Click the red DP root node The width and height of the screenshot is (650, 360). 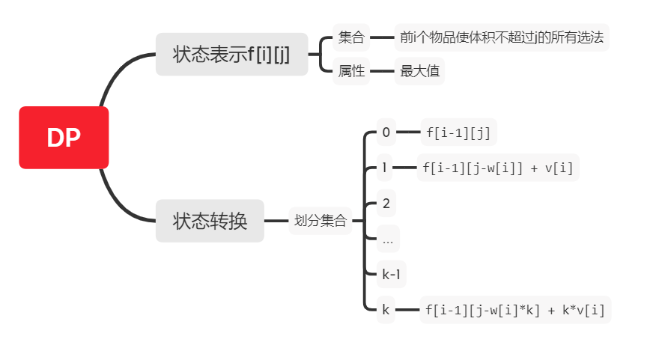64,138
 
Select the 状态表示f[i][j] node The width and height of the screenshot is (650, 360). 231,54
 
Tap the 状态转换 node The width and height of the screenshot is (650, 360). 210,221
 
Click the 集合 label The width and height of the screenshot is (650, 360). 351,37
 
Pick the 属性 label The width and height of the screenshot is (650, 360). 351,71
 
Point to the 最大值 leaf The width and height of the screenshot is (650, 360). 419,71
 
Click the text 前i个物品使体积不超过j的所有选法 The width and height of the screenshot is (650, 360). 502,37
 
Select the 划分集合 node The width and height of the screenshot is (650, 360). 321,221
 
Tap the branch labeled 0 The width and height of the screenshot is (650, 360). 386,132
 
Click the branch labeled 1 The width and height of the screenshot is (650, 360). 385,168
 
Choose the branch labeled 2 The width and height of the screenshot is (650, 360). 386,203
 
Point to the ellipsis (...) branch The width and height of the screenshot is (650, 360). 387,239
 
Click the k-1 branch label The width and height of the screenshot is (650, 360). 391,274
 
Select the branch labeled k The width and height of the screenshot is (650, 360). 386,309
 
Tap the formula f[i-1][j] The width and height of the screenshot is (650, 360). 458,132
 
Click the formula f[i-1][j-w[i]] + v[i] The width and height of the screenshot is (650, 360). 498,168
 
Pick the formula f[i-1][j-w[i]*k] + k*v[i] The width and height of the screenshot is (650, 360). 515,309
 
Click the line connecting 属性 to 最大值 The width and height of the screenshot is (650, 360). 383,71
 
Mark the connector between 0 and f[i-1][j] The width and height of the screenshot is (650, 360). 408,132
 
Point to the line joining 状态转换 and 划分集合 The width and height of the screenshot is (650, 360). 276,221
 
